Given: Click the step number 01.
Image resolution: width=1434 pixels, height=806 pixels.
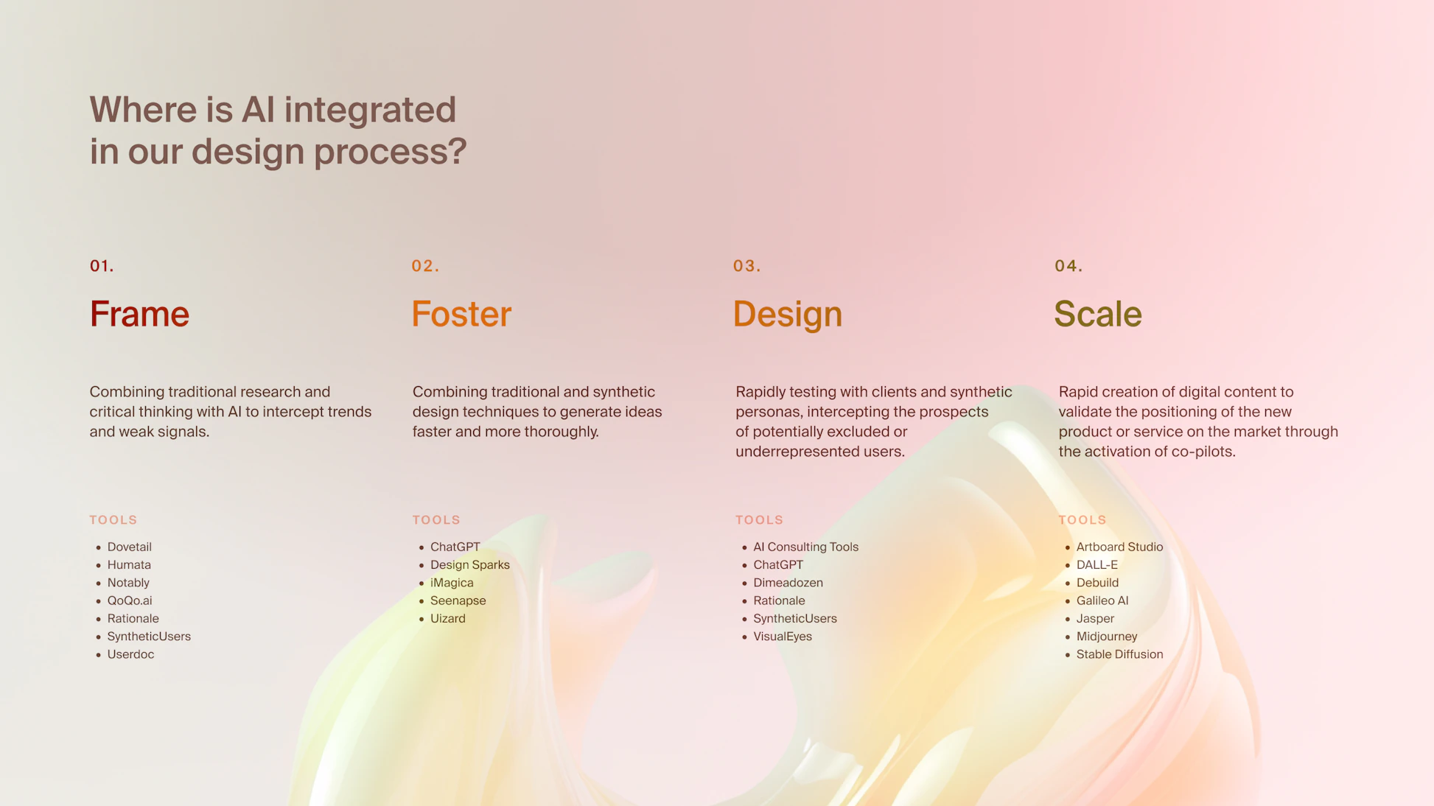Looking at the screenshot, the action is [x=102, y=266].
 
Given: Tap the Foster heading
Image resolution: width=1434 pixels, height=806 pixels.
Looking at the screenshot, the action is [x=461, y=314].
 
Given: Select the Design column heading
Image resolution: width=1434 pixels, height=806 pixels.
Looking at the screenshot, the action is [x=787, y=315].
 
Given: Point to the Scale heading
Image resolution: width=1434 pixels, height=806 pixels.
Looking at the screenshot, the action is [x=1097, y=314].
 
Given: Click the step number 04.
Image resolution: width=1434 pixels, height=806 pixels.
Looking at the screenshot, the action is [x=1068, y=266].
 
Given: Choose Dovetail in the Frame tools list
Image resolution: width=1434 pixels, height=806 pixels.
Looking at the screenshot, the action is [x=130, y=547].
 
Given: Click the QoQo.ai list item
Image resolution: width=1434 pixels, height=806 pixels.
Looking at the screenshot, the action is [x=130, y=600].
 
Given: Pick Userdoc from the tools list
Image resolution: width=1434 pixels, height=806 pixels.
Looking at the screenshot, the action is [x=130, y=654].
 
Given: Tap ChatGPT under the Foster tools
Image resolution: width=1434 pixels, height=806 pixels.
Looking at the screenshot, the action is [x=455, y=547].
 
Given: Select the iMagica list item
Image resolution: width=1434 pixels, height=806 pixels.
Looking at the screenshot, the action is [x=452, y=583].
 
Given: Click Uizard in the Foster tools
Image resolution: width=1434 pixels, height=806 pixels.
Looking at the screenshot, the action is [x=448, y=618].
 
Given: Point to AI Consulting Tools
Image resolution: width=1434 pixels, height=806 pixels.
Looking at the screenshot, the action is [x=805, y=547].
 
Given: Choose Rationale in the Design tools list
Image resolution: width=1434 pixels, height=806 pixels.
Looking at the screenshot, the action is [x=779, y=600].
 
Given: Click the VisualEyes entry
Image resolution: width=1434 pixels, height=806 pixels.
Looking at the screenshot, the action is [x=783, y=637].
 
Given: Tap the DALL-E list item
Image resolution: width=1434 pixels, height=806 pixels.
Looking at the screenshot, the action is [x=1097, y=565].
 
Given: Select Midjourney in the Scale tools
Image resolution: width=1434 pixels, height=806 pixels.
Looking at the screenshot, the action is [x=1107, y=637].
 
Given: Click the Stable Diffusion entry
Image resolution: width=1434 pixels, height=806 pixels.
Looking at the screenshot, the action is [x=1119, y=654].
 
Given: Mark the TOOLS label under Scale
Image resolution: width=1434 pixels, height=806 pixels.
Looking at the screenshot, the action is [x=1083, y=520].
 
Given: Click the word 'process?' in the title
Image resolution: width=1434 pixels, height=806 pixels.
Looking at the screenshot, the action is [x=391, y=153].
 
